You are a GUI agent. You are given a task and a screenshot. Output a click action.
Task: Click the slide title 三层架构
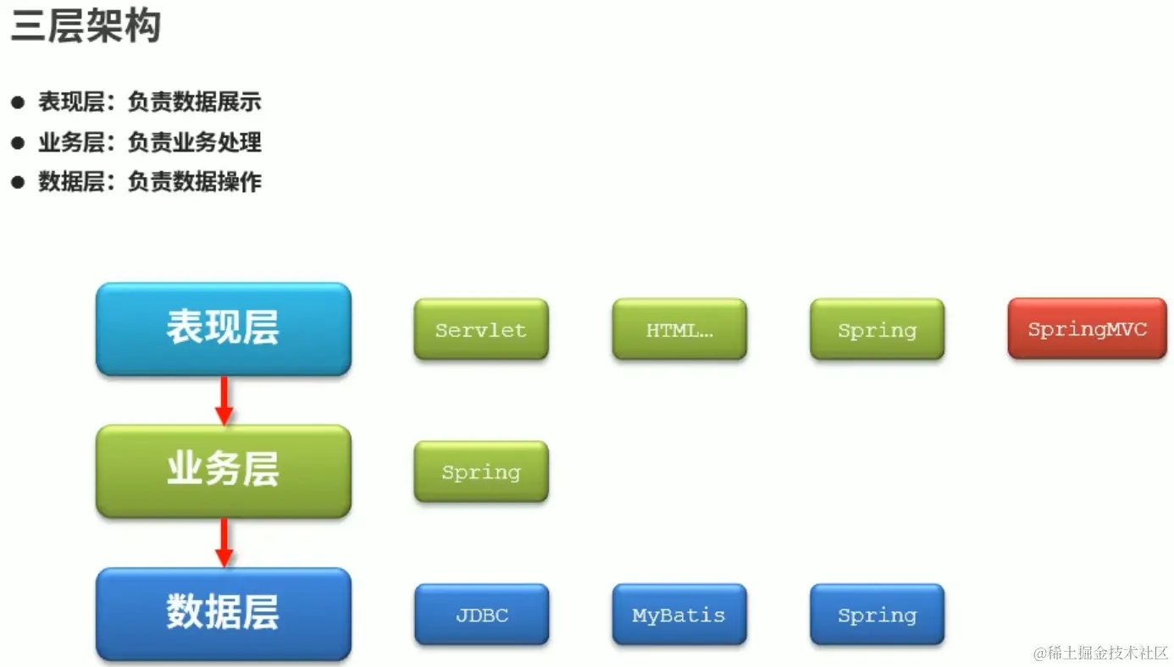86,26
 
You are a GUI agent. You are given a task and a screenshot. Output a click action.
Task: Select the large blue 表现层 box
223,328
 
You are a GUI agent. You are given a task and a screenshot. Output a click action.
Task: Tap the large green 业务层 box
223,471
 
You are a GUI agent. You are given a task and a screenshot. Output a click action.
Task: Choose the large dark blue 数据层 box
223,613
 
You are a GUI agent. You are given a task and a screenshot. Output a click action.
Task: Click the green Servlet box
481,329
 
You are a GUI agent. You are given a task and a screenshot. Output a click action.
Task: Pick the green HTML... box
679,329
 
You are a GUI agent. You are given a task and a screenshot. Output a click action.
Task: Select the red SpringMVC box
1087,328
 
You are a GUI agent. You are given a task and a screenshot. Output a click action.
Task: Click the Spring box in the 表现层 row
877,329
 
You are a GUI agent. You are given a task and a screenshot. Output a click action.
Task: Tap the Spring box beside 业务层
481,471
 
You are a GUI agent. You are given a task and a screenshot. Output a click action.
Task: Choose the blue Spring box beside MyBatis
877,615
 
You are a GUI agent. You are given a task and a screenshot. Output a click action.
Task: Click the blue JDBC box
481,615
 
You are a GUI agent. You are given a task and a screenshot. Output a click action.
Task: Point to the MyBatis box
679,615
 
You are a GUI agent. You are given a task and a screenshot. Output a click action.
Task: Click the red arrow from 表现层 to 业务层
224,400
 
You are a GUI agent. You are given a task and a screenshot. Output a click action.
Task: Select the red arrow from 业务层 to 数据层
224,543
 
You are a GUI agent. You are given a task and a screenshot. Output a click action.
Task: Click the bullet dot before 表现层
18,103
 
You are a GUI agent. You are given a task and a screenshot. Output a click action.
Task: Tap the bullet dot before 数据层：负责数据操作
18,182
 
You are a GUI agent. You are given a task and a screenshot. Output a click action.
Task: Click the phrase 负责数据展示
195,103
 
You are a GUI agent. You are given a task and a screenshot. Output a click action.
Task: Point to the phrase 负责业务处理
195,142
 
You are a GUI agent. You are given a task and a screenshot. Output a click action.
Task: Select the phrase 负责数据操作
195,182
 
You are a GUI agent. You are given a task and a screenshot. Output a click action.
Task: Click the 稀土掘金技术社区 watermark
1100,653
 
